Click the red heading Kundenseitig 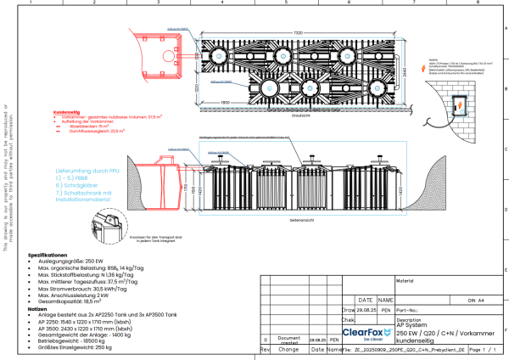coord(66,110)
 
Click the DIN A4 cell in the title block coord(471,300)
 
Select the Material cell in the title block coord(404,278)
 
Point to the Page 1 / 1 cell coord(480,349)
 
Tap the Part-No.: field coord(424,310)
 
